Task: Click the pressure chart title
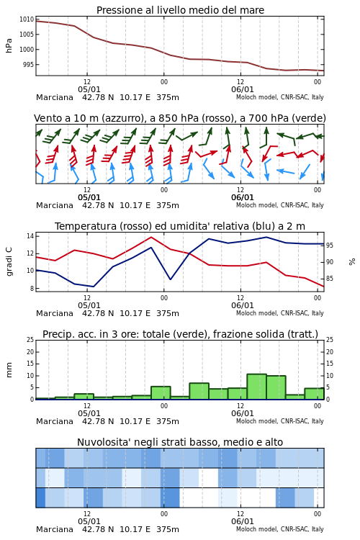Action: click(x=180, y=10)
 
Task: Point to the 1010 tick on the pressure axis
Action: click(x=27, y=19)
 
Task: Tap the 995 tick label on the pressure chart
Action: click(x=28, y=64)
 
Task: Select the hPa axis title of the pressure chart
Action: click(x=9, y=45)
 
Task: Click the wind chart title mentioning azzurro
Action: click(x=180, y=118)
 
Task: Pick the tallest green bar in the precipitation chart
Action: click(x=256, y=387)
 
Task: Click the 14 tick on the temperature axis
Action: click(x=30, y=236)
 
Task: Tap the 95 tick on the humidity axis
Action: click(x=330, y=246)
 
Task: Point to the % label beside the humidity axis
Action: click(x=352, y=262)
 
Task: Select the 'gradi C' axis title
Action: click(x=9, y=261)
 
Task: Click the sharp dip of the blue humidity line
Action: click(x=170, y=279)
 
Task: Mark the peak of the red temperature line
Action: click(x=151, y=237)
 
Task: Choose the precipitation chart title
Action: click(x=180, y=334)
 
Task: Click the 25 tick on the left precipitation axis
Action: click(x=30, y=340)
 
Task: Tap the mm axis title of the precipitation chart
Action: click(x=9, y=369)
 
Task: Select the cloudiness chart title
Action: click(x=180, y=442)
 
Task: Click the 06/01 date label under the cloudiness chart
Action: click(x=242, y=521)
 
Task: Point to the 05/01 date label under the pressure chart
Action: click(x=89, y=89)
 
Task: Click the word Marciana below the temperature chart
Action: click(x=55, y=313)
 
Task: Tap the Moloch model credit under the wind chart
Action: click(x=280, y=205)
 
